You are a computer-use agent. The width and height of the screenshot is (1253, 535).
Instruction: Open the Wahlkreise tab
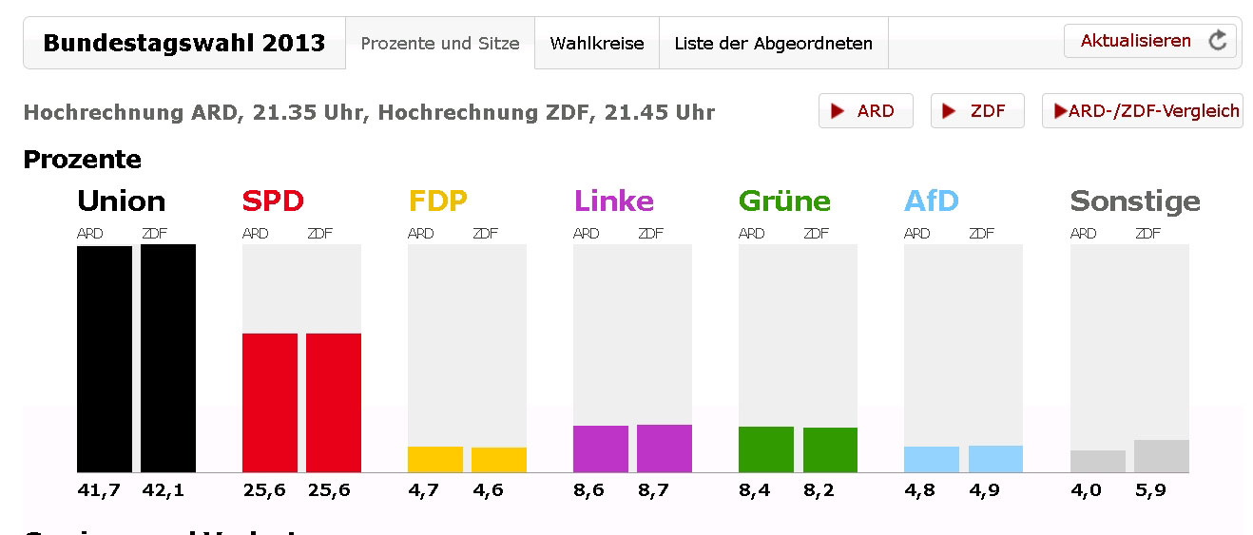(x=597, y=43)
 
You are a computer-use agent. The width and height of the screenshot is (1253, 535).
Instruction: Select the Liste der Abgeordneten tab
(x=773, y=43)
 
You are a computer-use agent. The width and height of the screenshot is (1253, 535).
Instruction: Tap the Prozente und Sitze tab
(x=440, y=43)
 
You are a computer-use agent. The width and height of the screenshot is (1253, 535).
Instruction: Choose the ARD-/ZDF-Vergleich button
(x=1143, y=111)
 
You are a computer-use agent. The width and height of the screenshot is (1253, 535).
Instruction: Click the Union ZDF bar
(x=168, y=358)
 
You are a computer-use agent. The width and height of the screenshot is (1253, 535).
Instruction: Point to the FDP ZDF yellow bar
(x=499, y=460)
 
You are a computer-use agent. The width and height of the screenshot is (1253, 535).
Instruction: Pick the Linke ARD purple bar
(x=601, y=449)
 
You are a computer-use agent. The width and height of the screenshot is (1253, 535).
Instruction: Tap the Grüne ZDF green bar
(x=830, y=449)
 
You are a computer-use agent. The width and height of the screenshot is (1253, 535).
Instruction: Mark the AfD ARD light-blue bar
(x=932, y=459)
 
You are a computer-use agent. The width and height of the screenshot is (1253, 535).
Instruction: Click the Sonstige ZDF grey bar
(x=1161, y=456)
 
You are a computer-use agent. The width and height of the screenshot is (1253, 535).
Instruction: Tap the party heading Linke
(x=613, y=201)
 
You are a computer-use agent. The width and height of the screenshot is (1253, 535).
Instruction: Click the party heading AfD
(x=931, y=201)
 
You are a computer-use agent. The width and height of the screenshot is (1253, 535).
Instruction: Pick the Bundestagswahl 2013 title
(x=184, y=43)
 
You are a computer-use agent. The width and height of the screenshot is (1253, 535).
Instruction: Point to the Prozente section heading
(x=82, y=160)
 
